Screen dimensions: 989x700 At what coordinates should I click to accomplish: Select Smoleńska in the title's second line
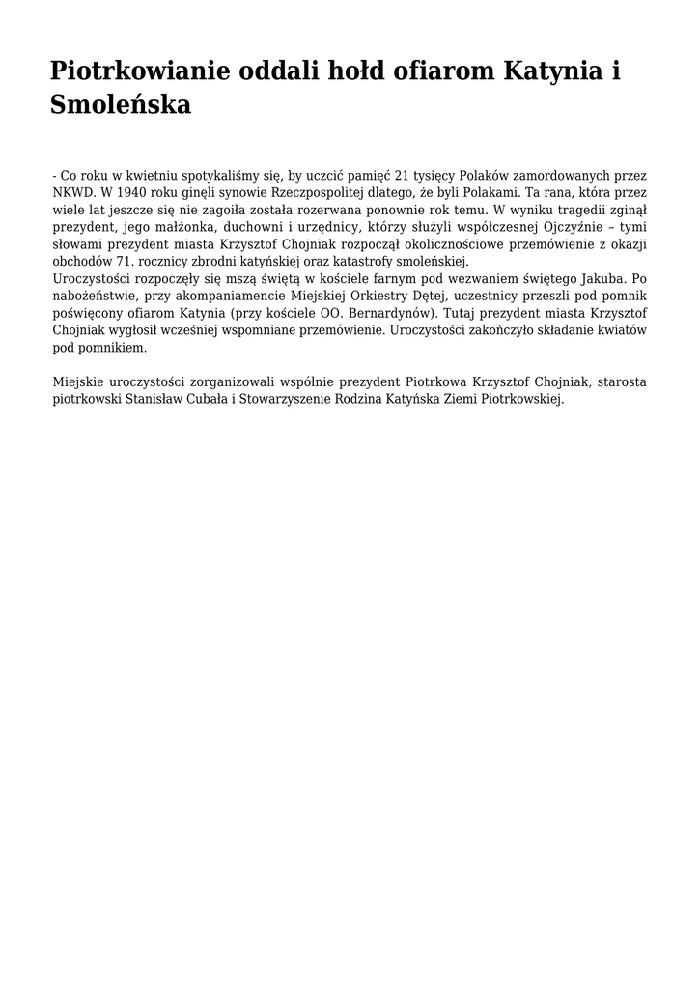[121, 104]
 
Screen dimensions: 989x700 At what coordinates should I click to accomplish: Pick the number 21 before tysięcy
[403, 175]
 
